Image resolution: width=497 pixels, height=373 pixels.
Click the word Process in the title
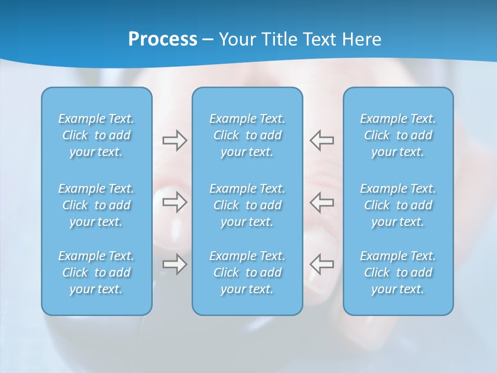pos(163,39)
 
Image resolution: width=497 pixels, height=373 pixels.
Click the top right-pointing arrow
pos(174,140)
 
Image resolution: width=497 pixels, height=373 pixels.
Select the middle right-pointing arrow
pos(174,202)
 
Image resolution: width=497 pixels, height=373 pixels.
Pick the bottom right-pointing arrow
pos(174,264)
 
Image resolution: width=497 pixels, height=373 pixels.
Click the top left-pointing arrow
pos(322,140)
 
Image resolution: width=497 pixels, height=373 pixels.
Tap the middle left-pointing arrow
pos(322,202)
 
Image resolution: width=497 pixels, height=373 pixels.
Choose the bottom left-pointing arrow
pos(322,264)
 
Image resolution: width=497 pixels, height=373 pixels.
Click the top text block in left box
pos(96,135)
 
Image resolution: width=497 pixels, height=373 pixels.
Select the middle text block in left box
pos(96,205)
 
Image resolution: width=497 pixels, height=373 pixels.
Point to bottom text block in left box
pos(96,272)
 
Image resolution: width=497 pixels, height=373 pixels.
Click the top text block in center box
pos(247,135)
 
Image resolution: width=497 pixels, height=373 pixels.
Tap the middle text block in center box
pos(247,205)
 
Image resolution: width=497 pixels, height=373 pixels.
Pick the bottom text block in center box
pos(247,272)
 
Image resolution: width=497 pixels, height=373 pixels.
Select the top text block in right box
pos(398,135)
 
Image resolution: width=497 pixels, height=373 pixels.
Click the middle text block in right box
pos(398,205)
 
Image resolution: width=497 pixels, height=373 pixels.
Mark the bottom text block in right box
pos(398,272)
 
